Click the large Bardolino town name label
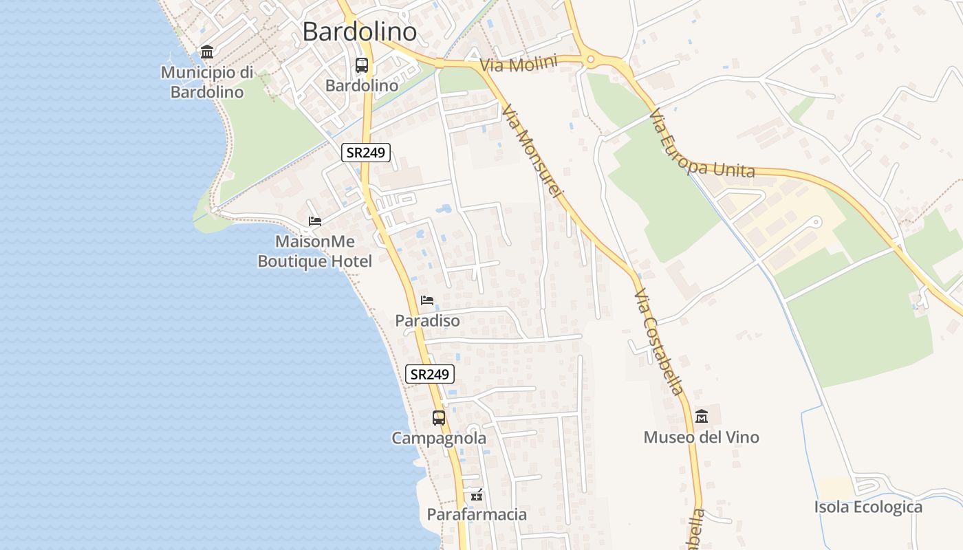coord(359,32)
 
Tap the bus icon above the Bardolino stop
coord(362,65)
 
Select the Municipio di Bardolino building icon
coord(206,52)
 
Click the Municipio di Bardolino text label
coord(207,82)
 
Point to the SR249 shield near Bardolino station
coord(366,153)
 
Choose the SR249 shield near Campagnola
coord(430,374)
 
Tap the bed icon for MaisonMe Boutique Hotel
coord(315,221)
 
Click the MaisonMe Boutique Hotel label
coord(314,252)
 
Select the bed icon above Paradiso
coord(427,300)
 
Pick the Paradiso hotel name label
coord(427,320)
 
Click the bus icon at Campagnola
coord(439,417)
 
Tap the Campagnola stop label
coord(439,438)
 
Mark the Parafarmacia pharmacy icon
coord(477,494)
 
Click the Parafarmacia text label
coord(477,514)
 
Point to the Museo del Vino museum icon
coord(702,416)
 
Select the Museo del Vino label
coord(701,437)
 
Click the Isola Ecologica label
coord(868,507)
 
